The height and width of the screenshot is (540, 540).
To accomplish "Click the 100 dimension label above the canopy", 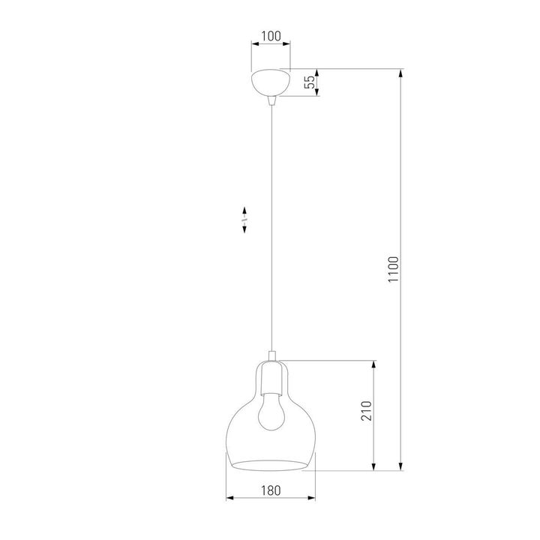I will click(271, 35).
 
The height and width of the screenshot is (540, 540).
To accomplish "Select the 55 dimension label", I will click(309, 82).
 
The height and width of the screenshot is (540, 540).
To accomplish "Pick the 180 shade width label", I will click(271, 490).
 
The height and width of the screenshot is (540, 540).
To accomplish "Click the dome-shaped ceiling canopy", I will click(271, 82).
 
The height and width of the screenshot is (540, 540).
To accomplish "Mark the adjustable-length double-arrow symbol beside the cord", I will click(246, 220).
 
